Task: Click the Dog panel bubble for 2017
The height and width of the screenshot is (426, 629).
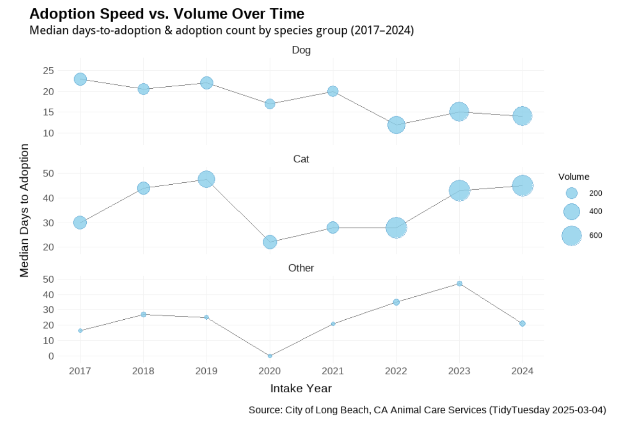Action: tap(80, 79)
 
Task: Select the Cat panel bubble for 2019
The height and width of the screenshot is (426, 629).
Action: tap(207, 179)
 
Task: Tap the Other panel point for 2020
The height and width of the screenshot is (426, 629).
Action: tap(270, 356)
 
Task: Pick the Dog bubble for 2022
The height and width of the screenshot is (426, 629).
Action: tap(396, 125)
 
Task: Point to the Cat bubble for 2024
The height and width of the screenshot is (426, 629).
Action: tap(523, 186)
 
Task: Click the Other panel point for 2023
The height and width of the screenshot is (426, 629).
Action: tap(459, 284)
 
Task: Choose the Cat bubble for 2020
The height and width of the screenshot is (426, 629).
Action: tap(270, 242)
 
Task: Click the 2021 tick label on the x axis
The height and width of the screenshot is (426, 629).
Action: tap(333, 371)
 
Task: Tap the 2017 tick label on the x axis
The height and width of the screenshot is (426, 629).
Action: tap(80, 371)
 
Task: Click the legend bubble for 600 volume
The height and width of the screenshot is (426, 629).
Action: tap(571, 236)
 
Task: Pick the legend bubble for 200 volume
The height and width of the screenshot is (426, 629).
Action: tap(571, 193)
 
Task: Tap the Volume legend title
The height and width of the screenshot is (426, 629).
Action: tap(574, 176)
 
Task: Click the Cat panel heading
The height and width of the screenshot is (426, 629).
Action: tap(301, 159)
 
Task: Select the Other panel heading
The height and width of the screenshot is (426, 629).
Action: tap(301, 268)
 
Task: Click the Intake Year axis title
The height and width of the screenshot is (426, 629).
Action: tap(301, 388)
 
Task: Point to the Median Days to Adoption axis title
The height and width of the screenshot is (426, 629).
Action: tap(24, 211)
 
